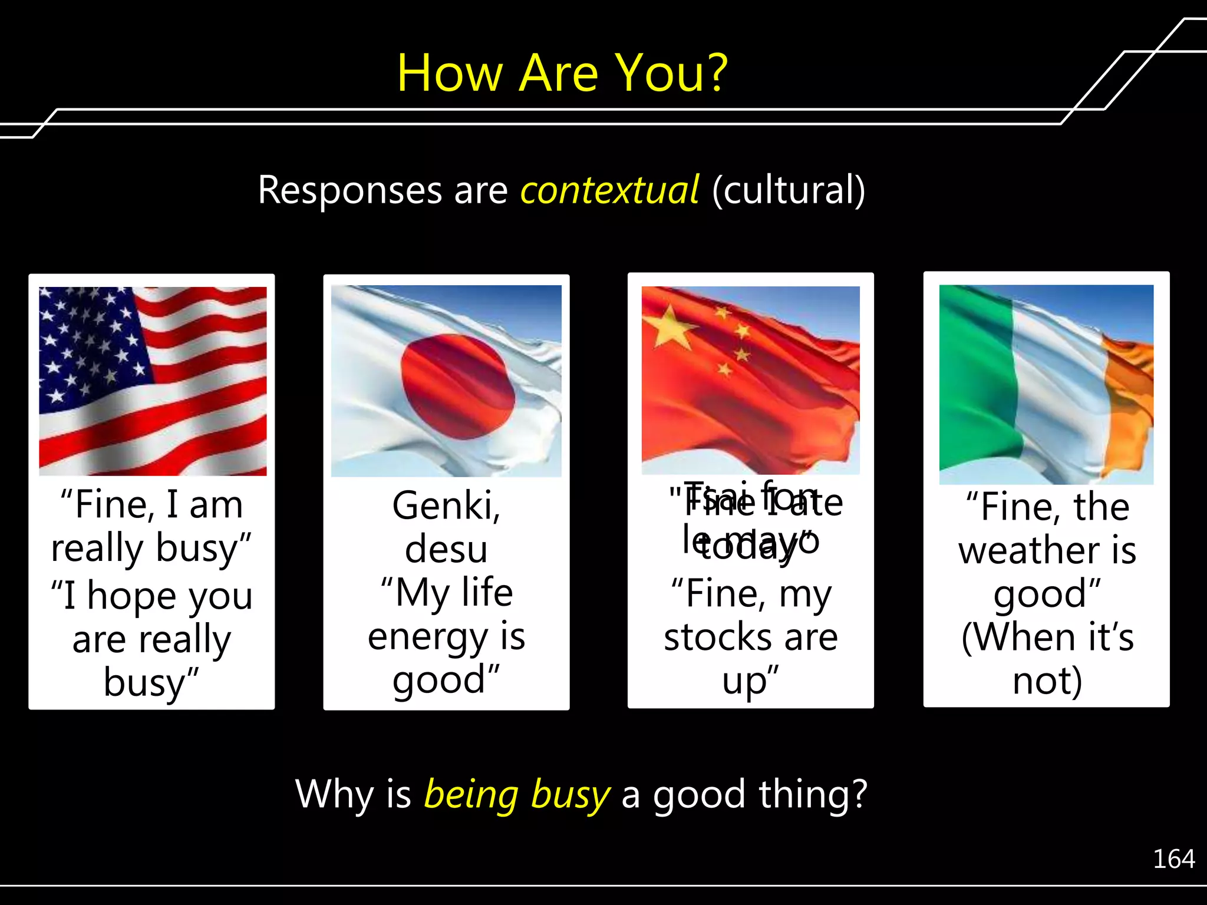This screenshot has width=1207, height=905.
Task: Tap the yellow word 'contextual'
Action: (609, 190)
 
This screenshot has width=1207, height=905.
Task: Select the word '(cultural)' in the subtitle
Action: (789, 190)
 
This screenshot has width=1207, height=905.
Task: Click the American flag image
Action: (153, 381)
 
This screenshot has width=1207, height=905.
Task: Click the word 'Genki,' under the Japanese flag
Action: (446, 506)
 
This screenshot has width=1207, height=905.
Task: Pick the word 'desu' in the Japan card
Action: (446, 549)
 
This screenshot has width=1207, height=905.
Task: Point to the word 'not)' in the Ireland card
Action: (1047, 681)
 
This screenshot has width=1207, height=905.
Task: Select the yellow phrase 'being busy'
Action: (517, 794)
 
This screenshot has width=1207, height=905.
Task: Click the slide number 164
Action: (1173, 859)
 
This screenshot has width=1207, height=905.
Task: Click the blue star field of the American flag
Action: (88, 342)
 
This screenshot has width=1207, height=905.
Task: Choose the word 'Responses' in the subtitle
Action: (350, 190)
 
